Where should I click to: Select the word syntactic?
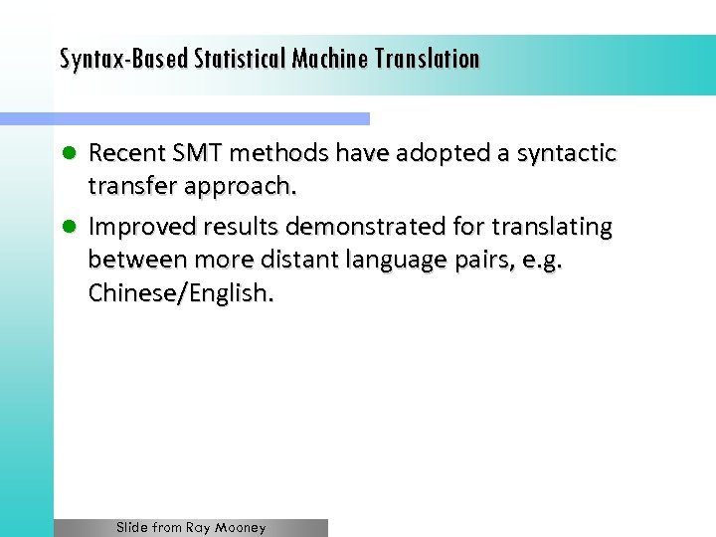pos(562,153)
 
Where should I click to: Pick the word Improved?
pos(136,227)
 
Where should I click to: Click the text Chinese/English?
pos(180,294)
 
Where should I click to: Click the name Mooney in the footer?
pos(241,528)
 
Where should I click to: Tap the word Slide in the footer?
pos(133,528)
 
